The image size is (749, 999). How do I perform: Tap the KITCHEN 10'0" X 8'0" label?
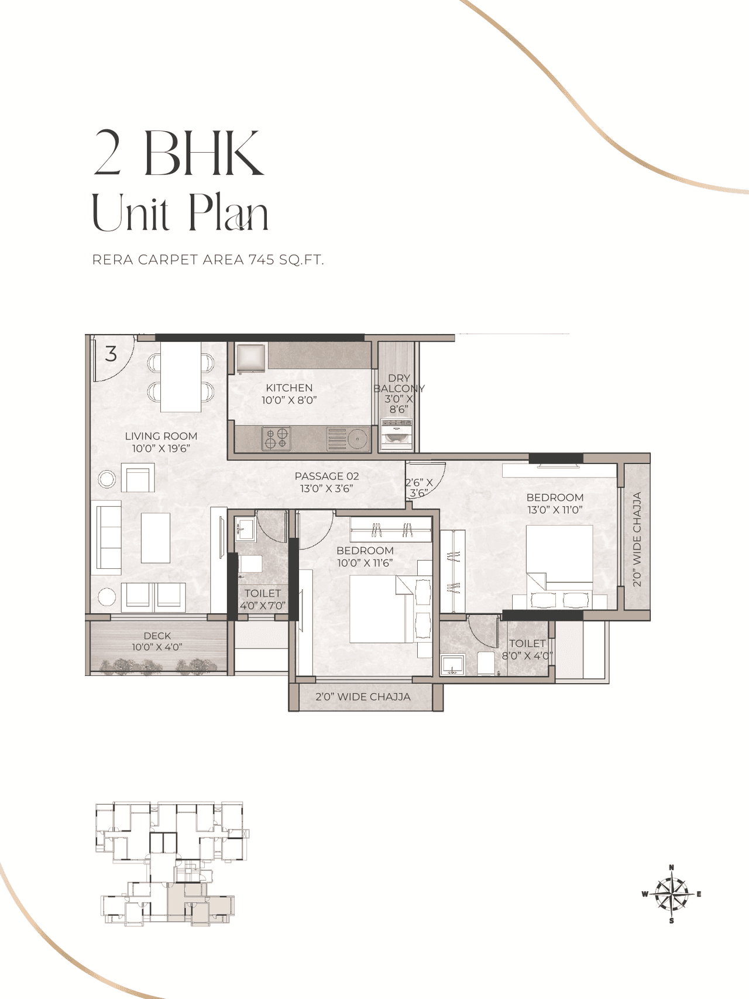pos(289,394)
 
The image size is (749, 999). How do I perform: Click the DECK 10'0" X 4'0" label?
pos(157,641)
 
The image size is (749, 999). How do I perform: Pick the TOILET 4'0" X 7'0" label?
pos(263,599)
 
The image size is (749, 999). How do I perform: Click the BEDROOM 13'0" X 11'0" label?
pos(555,503)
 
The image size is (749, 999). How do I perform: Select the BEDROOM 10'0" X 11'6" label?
pos(365,557)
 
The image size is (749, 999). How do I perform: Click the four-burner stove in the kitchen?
pos(276,439)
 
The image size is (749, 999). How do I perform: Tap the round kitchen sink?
pos(356,438)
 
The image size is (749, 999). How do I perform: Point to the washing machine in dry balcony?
pos(396,434)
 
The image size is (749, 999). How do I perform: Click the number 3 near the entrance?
pos(111,353)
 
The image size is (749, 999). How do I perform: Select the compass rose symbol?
pos(671,894)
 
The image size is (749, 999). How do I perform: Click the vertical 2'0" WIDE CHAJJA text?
pos(637,539)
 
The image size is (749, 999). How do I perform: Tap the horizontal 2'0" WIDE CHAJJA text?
pos(363,697)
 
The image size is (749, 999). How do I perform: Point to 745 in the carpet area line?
pos(261,260)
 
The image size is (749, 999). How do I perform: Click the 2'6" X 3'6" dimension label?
pos(419,488)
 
